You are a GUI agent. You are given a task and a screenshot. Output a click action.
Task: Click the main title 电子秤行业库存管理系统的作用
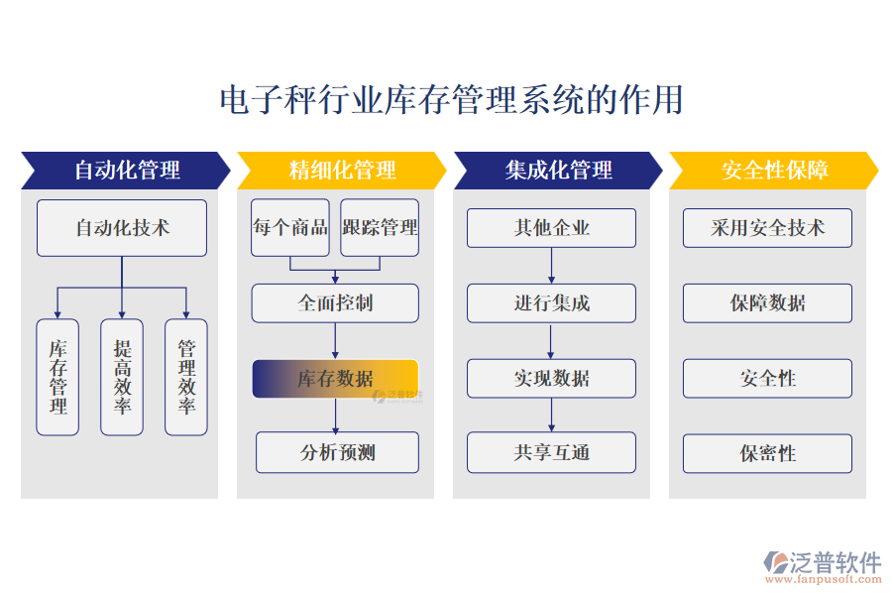tap(450, 100)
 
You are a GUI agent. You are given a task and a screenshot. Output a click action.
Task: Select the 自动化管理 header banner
tap(126, 170)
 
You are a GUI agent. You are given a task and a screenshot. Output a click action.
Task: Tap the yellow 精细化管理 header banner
tap(342, 170)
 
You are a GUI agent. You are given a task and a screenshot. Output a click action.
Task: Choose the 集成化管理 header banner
tap(558, 170)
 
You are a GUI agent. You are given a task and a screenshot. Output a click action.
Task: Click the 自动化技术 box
tap(122, 228)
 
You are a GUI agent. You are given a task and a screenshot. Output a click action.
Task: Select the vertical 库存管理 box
tap(57, 377)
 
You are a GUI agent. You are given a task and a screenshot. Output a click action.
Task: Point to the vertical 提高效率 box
tap(122, 377)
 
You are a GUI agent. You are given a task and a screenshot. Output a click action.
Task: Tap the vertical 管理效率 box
tap(186, 377)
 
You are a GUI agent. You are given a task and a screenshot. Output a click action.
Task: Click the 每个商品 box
tap(290, 228)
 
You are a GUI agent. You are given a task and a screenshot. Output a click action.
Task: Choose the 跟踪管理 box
tap(380, 228)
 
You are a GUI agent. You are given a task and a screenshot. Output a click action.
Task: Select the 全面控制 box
tap(335, 302)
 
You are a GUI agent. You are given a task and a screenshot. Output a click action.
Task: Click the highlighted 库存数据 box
tap(335, 378)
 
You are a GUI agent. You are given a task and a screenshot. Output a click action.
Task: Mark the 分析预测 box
tap(337, 453)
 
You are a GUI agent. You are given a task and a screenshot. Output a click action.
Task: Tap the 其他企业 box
tap(551, 228)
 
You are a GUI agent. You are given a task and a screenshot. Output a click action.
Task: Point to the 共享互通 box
tap(551, 453)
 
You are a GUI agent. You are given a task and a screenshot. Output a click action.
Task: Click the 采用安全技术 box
tap(767, 228)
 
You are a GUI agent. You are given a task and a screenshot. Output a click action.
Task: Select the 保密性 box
tap(767, 453)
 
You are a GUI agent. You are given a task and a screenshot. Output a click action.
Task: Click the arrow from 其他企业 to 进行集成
tap(551, 266)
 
